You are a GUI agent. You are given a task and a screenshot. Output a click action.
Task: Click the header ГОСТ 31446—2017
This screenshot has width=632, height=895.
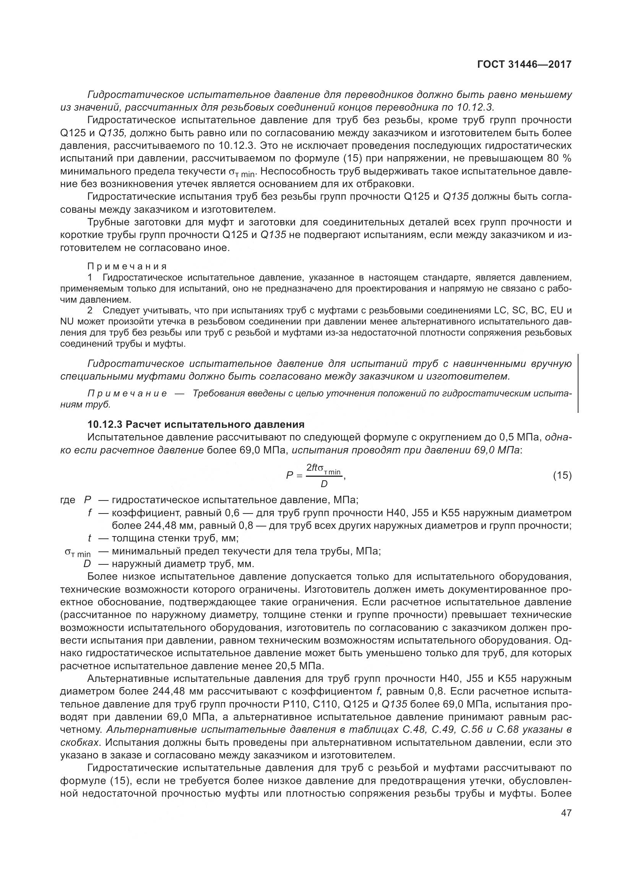pos(524,64)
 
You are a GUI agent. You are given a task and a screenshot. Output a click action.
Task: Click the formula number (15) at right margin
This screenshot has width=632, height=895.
pos(562,475)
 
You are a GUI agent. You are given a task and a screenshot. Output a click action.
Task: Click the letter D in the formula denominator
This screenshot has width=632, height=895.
pos(324,484)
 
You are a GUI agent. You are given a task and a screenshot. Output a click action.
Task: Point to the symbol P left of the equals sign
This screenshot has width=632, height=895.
pos(290,475)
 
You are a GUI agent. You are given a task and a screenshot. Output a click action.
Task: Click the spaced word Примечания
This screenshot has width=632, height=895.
pos(127,266)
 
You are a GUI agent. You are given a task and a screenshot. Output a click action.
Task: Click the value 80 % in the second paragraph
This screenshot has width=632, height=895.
pos(559,158)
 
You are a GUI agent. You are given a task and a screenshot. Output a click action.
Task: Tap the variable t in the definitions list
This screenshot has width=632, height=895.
pos(89,538)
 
